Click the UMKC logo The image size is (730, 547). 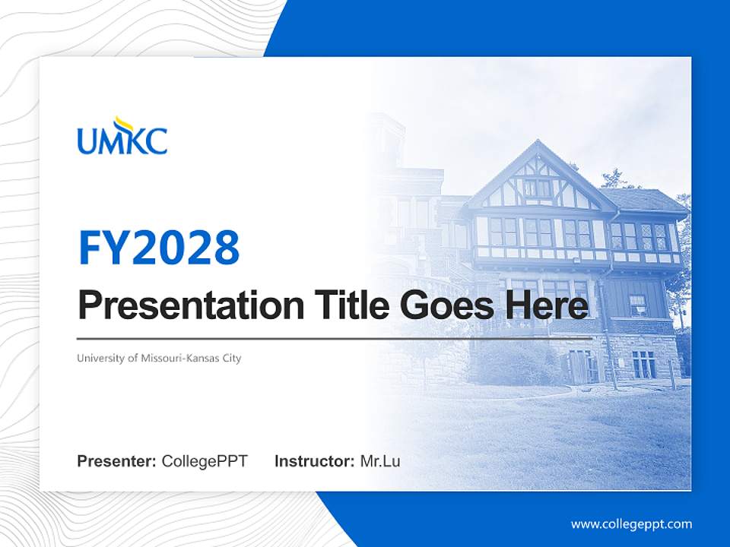click(122, 137)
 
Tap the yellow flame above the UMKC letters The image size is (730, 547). click(123, 123)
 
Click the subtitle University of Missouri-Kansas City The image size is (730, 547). click(159, 358)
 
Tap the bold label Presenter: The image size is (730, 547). click(116, 461)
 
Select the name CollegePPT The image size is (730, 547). click(205, 461)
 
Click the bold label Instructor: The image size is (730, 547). click(314, 461)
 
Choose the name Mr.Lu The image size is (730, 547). click(379, 461)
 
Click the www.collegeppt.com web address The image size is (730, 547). click(631, 524)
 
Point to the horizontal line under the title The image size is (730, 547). click(335, 338)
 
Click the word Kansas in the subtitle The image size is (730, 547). click(199, 358)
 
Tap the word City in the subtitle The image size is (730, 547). click(230, 358)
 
